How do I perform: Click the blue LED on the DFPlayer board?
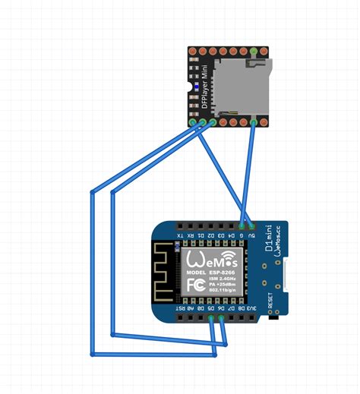point(197,90)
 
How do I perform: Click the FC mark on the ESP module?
point(194,285)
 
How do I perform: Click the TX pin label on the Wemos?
point(179,236)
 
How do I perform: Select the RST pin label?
point(179,309)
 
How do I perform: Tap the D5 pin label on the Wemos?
point(210,309)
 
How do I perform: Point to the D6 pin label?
point(221,309)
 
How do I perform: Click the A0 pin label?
point(190,309)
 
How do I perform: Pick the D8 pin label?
point(242,309)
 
